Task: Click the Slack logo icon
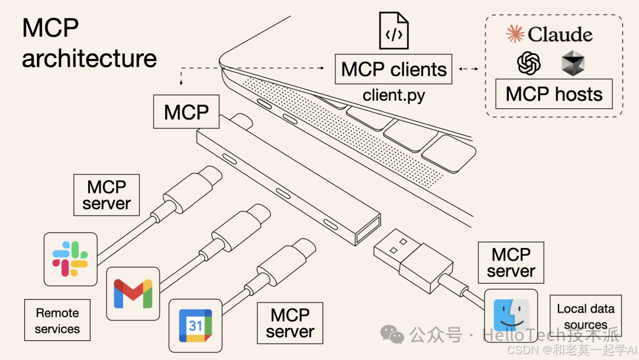[x=70, y=259]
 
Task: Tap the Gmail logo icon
[x=133, y=293]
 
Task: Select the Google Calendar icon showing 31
[x=196, y=325]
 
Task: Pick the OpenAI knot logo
[x=529, y=63]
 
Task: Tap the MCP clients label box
[x=393, y=69]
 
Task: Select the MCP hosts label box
[x=554, y=94]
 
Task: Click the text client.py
[x=393, y=95]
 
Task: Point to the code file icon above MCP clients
[x=393, y=30]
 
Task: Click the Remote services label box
[x=57, y=320]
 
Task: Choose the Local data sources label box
[x=585, y=316]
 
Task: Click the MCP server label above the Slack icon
[x=106, y=195]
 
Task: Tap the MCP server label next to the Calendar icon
[x=289, y=323]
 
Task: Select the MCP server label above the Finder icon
[x=511, y=262]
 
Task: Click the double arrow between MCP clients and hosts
[x=469, y=69]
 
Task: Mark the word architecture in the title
[x=89, y=58]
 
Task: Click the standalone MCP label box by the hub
[x=186, y=111]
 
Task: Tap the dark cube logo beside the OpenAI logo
[x=573, y=63]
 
